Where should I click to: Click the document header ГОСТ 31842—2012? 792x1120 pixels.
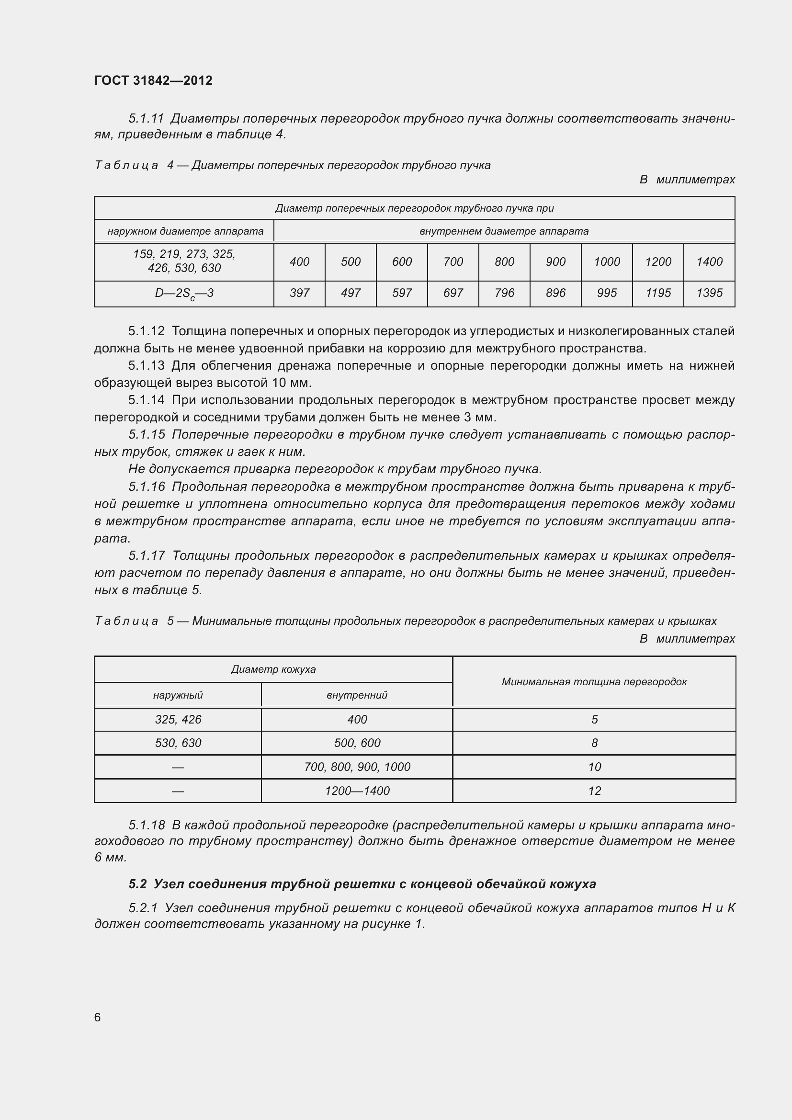coord(153,80)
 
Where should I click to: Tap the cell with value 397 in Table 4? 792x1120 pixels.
coord(299,293)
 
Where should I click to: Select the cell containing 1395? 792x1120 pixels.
coord(709,293)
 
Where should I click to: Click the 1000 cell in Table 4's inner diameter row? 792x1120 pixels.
coord(607,262)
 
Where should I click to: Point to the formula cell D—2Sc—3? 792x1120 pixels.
coord(184,294)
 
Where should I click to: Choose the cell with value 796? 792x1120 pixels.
coord(504,293)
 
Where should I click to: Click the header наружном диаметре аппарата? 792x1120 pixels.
coord(185,231)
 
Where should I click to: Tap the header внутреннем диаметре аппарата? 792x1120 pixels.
coord(504,231)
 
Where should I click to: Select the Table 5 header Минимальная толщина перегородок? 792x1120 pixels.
coord(594,682)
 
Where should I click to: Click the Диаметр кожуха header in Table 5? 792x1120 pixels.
coord(273,669)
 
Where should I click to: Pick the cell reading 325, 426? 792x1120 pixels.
coord(178,720)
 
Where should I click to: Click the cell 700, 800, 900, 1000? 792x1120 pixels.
coord(357,767)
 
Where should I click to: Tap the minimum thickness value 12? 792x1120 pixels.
coord(594,791)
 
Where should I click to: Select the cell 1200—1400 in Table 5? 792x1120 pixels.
coord(357,791)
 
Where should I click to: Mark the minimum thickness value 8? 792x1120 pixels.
coord(594,743)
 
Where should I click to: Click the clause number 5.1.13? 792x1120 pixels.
coord(147,366)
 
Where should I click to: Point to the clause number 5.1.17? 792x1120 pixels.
coord(147,555)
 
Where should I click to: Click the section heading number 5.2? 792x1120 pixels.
coord(137,884)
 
